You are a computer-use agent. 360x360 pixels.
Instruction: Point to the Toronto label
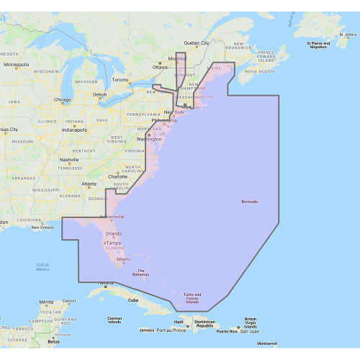tap(120, 79)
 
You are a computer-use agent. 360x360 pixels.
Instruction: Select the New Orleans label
tap(42, 228)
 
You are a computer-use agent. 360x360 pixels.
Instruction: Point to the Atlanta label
tap(89, 184)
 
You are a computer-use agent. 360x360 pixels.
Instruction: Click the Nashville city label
tap(69, 160)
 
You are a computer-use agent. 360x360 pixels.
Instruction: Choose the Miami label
tap(123, 259)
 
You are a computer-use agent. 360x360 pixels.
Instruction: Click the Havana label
tap(106, 283)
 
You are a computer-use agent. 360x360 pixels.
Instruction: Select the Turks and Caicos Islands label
tap(191, 297)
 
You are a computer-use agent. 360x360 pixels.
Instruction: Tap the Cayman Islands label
tap(114, 320)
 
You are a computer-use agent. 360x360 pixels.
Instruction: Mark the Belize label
tap(45, 343)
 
